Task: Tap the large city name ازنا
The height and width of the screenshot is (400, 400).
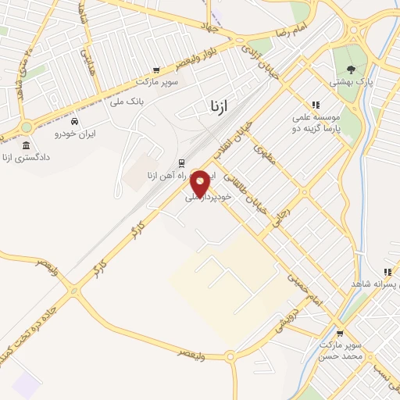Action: click(220, 105)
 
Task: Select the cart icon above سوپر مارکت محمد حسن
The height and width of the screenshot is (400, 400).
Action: click(338, 331)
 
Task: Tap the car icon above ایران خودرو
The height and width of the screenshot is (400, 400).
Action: click(74, 122)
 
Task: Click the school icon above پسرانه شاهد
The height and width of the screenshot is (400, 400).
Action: click(387, 273)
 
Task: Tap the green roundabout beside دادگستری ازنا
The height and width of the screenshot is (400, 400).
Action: click(26, 127)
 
